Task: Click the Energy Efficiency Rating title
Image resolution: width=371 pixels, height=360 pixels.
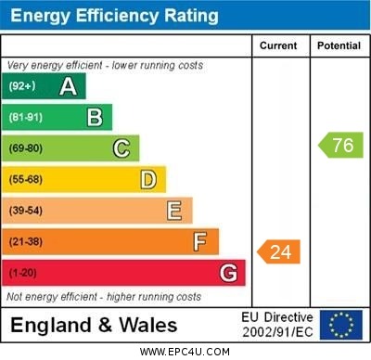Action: [114, 16]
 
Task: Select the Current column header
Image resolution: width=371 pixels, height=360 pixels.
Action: [278, 45]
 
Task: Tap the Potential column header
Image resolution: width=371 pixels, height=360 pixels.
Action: [339, 45]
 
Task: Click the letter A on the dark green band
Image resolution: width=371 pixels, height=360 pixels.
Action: [68, 86]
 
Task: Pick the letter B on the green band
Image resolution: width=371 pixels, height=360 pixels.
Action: [95, 117]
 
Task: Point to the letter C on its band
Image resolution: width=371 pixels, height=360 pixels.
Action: [122, 148]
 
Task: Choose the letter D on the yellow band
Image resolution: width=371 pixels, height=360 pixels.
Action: [148, 179]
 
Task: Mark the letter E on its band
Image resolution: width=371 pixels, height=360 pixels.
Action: [174, 211]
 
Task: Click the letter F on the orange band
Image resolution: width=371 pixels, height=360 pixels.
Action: [200, 242]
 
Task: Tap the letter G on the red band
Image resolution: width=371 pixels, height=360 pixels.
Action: [228, 274]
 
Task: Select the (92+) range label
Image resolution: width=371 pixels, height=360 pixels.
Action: [22, 86]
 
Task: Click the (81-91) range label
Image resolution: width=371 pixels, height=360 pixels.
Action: [26, 117]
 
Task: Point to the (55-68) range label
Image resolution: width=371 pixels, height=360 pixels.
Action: [26, 179]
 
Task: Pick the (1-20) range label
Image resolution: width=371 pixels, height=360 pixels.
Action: [23, 274]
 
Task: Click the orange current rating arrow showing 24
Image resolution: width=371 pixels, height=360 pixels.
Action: [280, 251]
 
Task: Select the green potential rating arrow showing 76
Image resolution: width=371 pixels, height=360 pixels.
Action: [341, 145]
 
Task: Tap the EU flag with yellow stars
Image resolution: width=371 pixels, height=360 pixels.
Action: [341, 325]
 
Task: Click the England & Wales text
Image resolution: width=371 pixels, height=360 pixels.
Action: [94, 326]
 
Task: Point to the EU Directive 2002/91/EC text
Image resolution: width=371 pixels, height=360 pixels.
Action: [277, 325]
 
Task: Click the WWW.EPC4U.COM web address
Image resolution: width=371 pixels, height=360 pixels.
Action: [185, 352]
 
